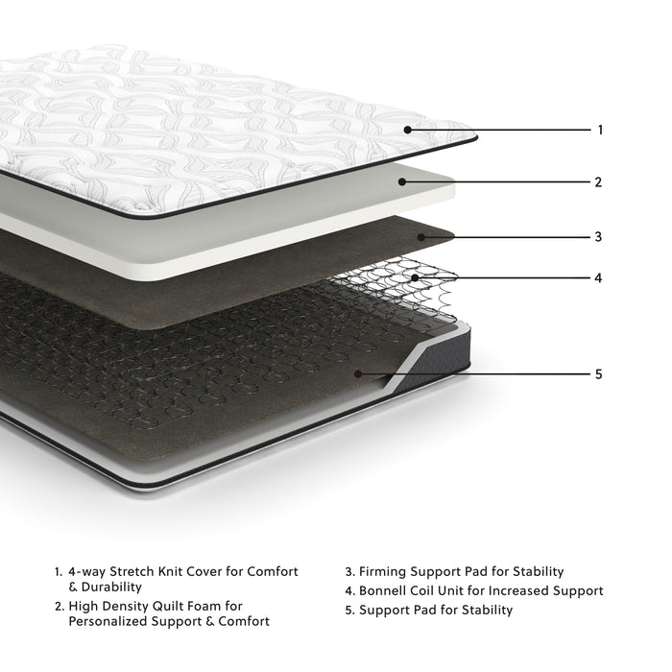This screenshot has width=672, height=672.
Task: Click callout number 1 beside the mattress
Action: click(x=600, y=130)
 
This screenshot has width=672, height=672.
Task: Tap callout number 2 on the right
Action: click(x=598, y=181)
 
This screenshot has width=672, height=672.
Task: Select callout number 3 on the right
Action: click(x=598, y=236)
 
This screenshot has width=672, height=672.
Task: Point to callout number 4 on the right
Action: click(x=598, y=278)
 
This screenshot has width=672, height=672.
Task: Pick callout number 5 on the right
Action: click(x=598, y=373)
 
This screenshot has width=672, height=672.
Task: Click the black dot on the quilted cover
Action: click(x=407, y=129)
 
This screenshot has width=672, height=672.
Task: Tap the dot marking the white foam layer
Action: click(x=403, y=181)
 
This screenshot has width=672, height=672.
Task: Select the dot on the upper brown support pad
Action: click(x=420, y=236)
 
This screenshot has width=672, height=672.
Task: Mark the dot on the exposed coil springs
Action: click(x=414, y=278)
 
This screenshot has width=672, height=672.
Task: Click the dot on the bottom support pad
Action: click(x=357, y=373)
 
